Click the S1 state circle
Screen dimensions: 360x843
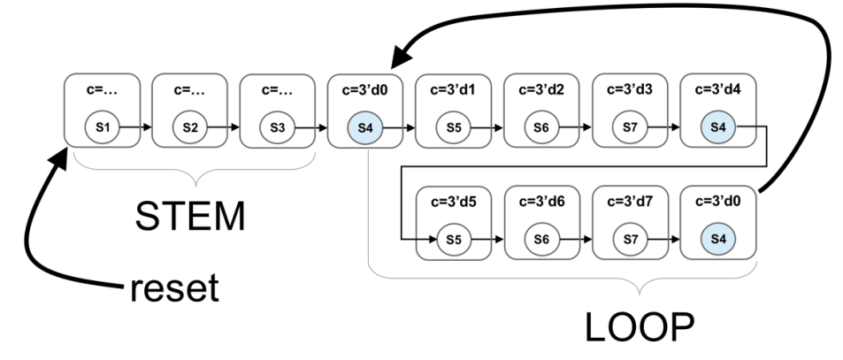coord(102,126)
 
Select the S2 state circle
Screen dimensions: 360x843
coord(190,126)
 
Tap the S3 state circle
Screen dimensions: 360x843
coord(278,126)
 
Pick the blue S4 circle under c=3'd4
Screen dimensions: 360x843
coord(718,126)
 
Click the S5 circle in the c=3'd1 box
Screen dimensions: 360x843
coord(454,126)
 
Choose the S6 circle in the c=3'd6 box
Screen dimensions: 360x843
coord(542,239)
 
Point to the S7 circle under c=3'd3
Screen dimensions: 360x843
coord(630,126)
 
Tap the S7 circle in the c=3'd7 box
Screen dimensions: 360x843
coord(630,239)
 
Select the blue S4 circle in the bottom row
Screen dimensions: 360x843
coord(718,239)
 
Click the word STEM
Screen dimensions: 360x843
coord(190,215)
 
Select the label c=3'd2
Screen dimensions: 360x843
coord(542,89)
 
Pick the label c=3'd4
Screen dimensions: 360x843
coord(718,89)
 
